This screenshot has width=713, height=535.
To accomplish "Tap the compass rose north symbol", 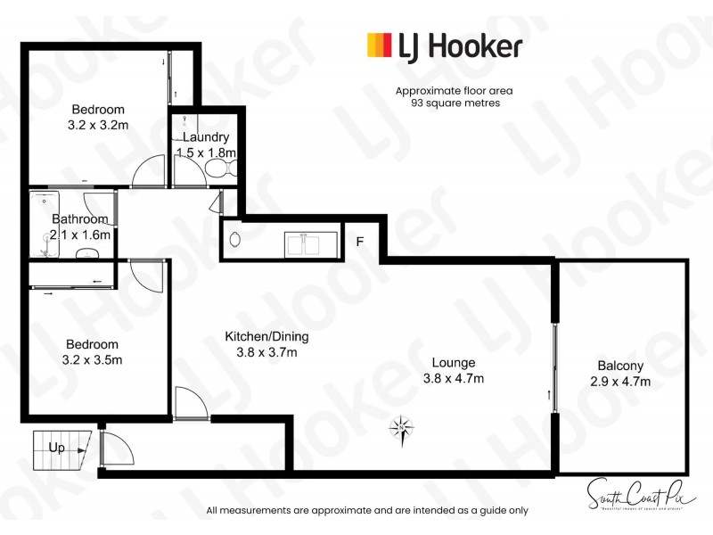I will (401, 429).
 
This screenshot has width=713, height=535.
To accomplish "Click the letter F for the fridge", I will (360, 241).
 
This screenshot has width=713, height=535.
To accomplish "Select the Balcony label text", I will (620, 366).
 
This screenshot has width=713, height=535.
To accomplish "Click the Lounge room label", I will (454, 363).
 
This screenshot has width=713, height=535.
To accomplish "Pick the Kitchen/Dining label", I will (266, 336).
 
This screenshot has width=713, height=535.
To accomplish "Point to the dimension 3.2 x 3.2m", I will (98, 125).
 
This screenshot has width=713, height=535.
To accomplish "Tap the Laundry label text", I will (206, 137).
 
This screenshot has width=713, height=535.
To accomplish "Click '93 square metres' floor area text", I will (455, 103).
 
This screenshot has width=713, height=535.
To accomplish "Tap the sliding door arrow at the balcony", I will (550, 394).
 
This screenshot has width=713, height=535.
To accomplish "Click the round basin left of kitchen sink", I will (235, 239).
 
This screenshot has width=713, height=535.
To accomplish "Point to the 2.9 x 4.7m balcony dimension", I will (620, 382).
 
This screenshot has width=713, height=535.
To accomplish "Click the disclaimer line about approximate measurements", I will (367, 511).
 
